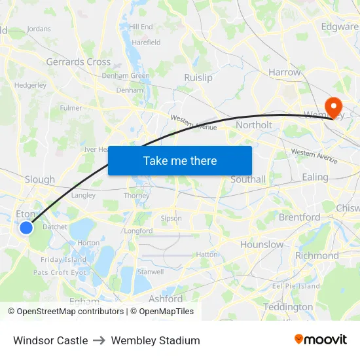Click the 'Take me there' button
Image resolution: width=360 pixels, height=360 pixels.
[x=180, y=160]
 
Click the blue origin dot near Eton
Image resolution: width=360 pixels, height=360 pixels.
[x=26, y=228]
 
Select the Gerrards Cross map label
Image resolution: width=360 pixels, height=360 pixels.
[x=78, y=62]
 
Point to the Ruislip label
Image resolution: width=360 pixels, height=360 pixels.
[x=198, y=77]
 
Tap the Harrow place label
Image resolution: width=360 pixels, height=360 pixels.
[x=284, y=72]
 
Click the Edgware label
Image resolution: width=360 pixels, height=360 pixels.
[x=340, y=27]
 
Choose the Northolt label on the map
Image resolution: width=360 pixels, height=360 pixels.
[x=253, y=124]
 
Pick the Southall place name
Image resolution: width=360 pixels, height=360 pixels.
[x=248, y=179]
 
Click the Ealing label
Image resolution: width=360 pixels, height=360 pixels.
[x=315, y=177]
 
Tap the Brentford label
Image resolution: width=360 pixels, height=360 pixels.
[x=299, y=217]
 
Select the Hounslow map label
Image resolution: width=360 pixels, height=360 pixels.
[x=262, y=244]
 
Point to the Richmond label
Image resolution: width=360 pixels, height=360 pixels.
[x=317, y=255]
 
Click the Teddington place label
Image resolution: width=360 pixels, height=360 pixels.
[x=288, y=306]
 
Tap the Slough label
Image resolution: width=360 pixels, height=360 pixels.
[x=40, y=179]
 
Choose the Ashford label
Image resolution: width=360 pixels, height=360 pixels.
[x=166, y=298]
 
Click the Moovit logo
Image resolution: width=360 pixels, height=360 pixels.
[x=321, y=339]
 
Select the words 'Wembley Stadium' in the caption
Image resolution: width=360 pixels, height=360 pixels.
[x=155, y=340]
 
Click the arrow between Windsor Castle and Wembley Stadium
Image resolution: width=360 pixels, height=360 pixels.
[x=99, y=340]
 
